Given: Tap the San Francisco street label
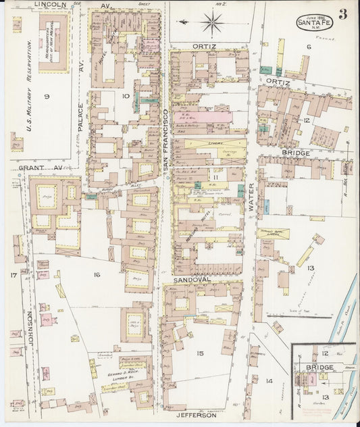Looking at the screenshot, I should (x=163, y=141).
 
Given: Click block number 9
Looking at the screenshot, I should (x=46, y=97).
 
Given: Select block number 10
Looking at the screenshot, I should (x=125, y=97).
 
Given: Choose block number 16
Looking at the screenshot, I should (x=97, y=274).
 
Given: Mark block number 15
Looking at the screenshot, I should (x=200, y=353).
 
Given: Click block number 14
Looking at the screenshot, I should (x=268, y=381).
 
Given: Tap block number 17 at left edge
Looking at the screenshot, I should (x=13, y=274).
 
